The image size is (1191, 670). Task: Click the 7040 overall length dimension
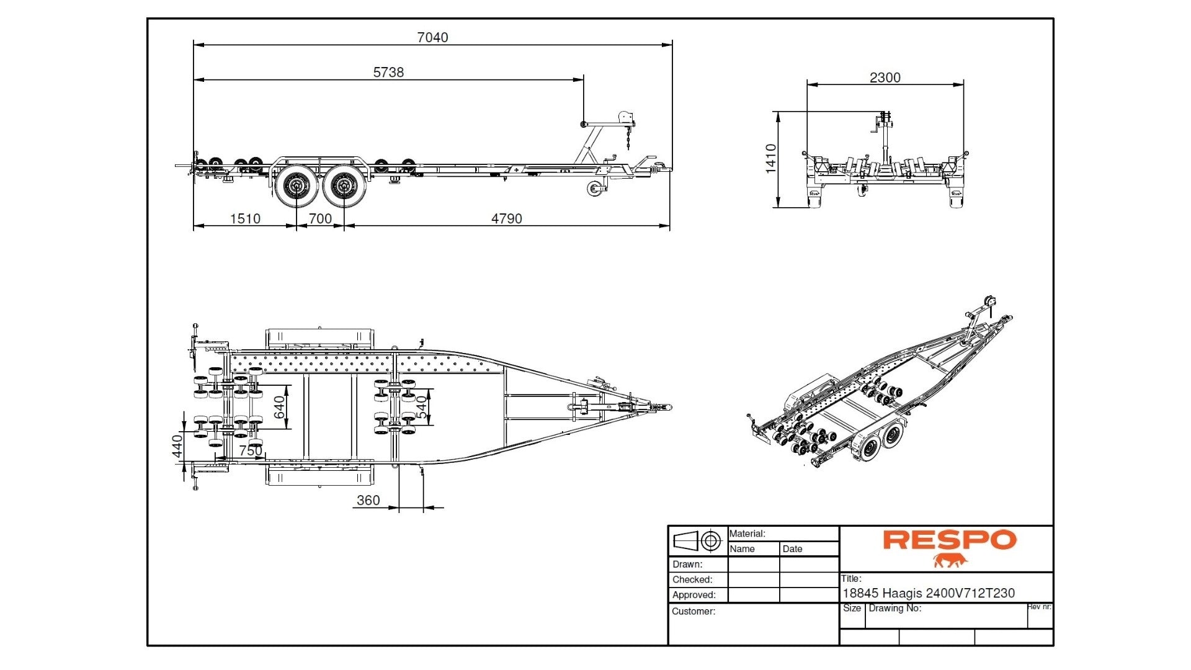click(432, 37)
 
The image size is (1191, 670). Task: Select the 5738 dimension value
click(388, 72)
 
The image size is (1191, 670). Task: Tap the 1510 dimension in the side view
click(245, 218)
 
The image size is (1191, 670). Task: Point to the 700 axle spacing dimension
click(320, 218)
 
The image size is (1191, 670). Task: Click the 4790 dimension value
click(506, 218)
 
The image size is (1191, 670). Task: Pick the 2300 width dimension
click(885, 78)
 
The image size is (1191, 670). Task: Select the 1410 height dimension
click(771, 159)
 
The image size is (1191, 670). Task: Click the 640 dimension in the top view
click(280, 407)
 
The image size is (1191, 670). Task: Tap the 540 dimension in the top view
click(422, 407)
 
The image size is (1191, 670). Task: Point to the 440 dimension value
click(177, 446)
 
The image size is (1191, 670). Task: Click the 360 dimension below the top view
click(368, 500)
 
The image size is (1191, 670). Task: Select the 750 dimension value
click(251, 450)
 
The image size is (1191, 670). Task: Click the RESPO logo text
click(950, 540)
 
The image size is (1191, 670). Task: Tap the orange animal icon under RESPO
click(950, 561)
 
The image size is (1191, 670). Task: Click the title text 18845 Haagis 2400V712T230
click(928, 593)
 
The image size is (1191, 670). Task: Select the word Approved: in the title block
click(694, 595)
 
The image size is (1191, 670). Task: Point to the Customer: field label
click(693, 611)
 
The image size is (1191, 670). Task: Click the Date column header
click(792, 549)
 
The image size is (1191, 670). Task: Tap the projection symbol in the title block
click(697, 540)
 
